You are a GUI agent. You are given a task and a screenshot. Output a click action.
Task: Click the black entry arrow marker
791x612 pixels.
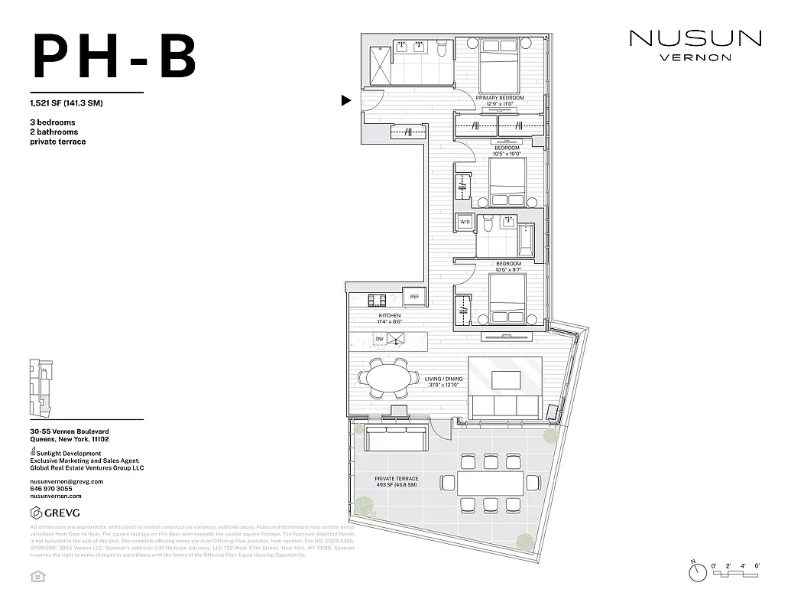[346, 100]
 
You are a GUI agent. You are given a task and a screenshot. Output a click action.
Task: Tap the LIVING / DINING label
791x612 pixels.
[443, 379]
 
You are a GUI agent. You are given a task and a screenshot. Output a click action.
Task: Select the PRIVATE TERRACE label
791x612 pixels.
[396, 482]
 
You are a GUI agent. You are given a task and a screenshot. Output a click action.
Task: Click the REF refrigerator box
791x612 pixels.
[414, 297]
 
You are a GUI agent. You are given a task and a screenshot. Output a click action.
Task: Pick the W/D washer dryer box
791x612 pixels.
[464, 222]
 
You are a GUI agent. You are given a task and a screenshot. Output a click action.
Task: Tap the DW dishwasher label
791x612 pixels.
[379, 339]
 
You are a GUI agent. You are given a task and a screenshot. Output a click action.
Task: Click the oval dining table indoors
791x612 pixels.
[390, 377]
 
